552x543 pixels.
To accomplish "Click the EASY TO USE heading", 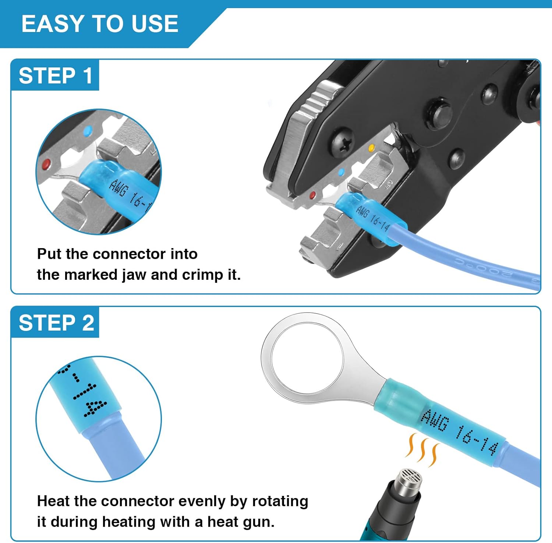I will coord(100,24).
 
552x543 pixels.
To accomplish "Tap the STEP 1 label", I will coord(56,76).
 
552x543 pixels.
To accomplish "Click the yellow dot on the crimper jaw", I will coord(372,148).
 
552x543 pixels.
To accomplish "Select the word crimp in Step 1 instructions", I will coord(202,275).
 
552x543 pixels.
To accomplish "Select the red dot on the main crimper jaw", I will coord(313,195).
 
